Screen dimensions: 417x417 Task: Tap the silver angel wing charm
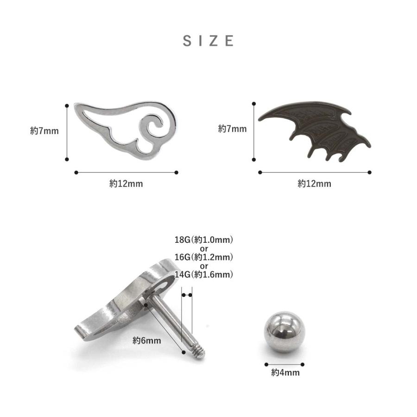(125, 130)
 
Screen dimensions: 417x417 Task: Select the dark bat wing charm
(315, 131)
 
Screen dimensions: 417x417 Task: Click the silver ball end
(284, 332)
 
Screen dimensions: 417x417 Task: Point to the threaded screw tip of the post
(199, 352)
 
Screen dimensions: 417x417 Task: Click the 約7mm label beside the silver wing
(44, 131)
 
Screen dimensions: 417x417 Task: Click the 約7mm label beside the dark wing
(233, 129)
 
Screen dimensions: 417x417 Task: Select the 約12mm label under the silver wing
(126, 183)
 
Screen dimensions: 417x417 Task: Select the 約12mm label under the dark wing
(314, 183)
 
